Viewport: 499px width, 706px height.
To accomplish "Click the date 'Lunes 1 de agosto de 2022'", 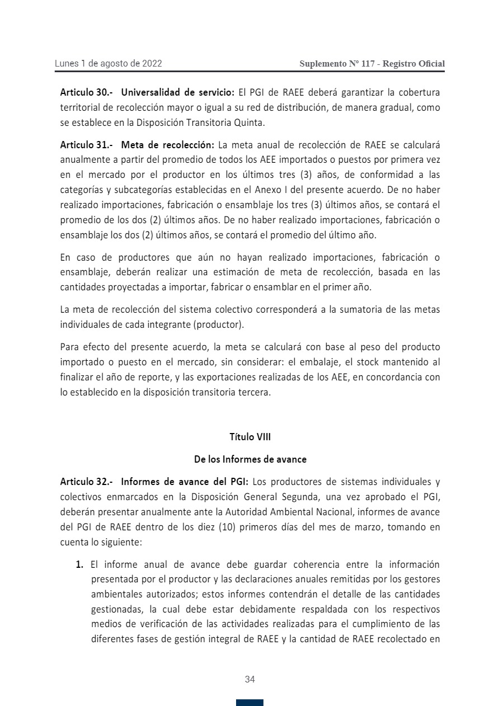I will pyautogui.click(x=108, y=64).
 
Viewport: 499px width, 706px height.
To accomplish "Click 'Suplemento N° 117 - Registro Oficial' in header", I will pyautogui.click(x=372, y=64).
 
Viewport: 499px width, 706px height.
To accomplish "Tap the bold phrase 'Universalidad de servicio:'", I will pyautogui.click(x=177, y=92).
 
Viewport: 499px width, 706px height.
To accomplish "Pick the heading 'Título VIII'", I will pyautogui.click(x=250, y=437).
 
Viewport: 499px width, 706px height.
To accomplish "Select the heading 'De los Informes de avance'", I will pyautogui.click(x=250, y=459).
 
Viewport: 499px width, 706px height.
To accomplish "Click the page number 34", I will pyautogui.click(x=250, y=680).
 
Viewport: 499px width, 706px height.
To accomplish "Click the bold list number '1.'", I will pyautogui.click(x=80, y=564).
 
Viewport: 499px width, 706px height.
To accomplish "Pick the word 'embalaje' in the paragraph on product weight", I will pyautogui.click(x=312, y=361).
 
